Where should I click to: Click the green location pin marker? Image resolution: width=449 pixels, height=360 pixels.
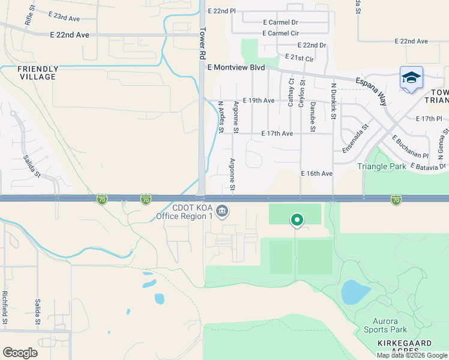pyautogui.click(x=297, y=220)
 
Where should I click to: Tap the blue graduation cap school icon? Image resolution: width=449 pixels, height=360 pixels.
pyautogui.click(x=411, y=78)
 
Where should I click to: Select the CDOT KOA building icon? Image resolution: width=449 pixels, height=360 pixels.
pyautogui.click(x=222, y=210)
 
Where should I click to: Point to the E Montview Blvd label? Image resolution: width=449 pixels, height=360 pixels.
pyautogui.click(x=236, y=68)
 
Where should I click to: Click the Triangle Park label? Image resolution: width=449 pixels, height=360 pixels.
pyautogui.click(x=382, y=166)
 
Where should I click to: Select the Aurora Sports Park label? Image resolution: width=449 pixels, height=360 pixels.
pyautogui.click(x=385, y=325)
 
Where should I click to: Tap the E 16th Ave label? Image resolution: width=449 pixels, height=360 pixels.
pyautogui.click(x=316, y=173)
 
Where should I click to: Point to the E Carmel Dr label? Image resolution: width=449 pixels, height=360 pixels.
pyautogui.click(x=280, y=22)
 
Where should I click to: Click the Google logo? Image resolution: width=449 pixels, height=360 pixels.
pyautogui.click(x=20, y=353)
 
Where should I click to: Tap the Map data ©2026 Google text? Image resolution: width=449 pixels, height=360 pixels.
pyautogui.click(x=412, y=355)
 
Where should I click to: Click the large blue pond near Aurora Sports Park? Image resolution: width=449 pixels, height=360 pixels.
pyautogui.click(x=355, y=292)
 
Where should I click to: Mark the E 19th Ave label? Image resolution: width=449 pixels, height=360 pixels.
pyautogui.click(x=259, y=101)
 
